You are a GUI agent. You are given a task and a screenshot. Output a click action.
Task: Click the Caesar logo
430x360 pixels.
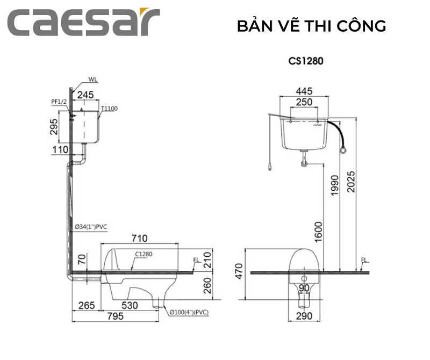[x=83, y=23]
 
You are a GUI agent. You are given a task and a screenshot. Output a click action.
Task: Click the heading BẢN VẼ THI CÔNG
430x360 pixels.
[x=311, y=26]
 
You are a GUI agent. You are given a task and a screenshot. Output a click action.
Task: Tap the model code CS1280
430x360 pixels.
[x=305, y=61]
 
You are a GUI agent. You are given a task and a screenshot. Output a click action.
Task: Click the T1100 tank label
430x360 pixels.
[x=109, y=109]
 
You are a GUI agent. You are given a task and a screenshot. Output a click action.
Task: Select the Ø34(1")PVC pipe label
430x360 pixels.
[x=90, y=227]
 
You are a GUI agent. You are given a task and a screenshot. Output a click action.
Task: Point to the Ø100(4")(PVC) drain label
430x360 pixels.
[x=189, y=312]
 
